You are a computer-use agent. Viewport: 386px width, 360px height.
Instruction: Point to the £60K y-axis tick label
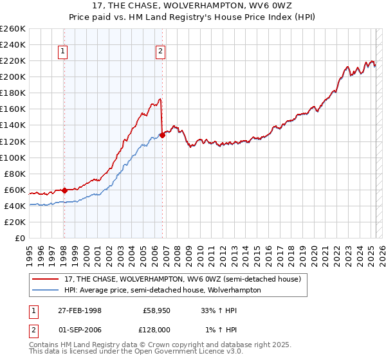coord(15,190)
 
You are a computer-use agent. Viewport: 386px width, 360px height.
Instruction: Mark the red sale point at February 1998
coord(65,190)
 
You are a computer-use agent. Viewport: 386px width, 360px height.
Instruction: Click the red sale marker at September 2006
coord(162,134)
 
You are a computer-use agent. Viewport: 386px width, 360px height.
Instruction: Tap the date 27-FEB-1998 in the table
coord(80,310)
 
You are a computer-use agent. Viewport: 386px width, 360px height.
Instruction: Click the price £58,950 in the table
coord(156,310)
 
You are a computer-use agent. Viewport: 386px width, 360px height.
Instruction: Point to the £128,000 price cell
coord(156,328)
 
